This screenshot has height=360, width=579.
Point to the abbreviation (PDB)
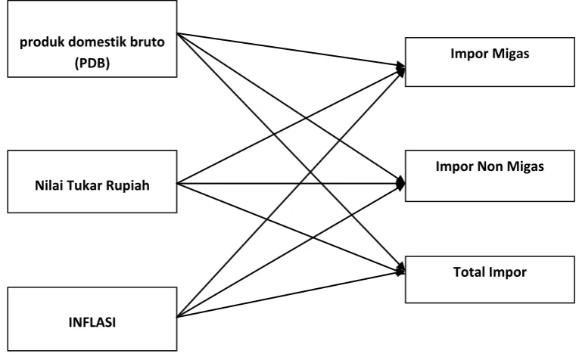(x=92, y=63)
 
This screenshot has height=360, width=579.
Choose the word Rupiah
(x=128, y=185)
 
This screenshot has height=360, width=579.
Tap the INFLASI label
(x=92, y=322)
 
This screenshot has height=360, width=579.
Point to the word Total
(x=468, y=272)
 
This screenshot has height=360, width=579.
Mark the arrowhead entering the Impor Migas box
(x=401, y=67)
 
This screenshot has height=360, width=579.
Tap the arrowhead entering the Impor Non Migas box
(x=400, y=183)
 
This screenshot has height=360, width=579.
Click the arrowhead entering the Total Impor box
(x=401, y=271)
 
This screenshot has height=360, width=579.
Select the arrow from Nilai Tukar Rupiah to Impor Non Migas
(x=291, y=183)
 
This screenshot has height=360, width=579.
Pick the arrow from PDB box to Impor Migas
(x=291, y=50)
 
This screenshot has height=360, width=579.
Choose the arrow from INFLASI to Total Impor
(x=291, y=294)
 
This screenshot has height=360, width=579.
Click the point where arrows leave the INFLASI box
(x=177, y=317)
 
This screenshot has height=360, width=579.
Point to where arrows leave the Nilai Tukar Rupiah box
(x=177, y=183)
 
